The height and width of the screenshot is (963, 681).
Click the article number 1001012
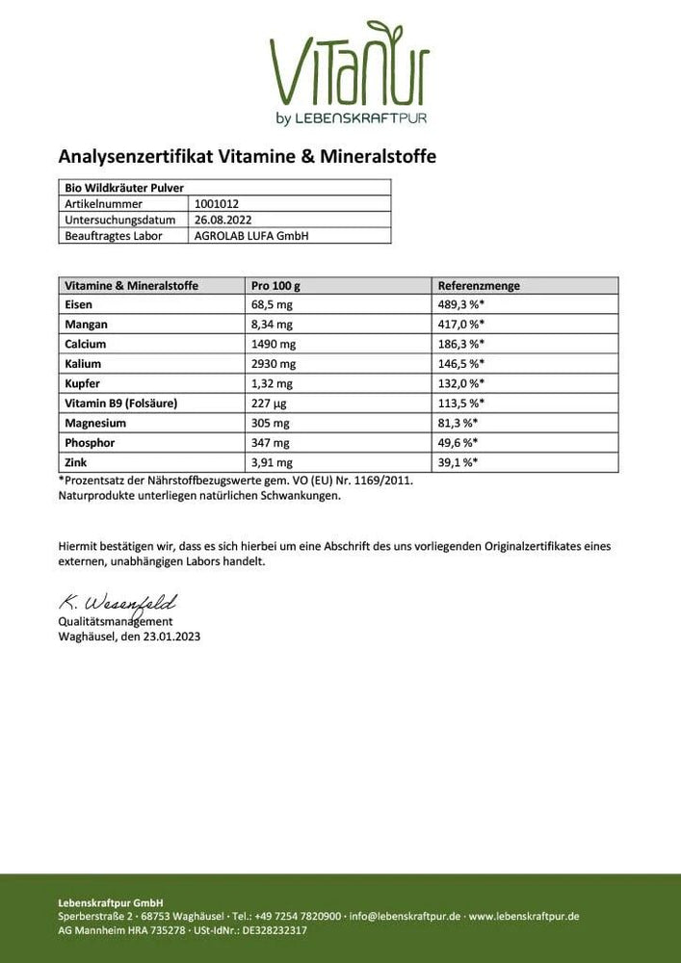pos(217,204)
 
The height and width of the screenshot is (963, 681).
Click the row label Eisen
pos(78,304)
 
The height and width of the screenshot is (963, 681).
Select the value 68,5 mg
pos(272,304)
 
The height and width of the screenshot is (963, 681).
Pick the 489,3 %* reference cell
pos(460,304)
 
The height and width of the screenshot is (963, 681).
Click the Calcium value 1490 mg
pos(272,344)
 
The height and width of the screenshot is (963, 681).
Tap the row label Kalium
pos(82,364)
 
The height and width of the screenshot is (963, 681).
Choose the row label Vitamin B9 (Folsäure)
pos(121,403)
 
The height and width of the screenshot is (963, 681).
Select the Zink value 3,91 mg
pos(272,462)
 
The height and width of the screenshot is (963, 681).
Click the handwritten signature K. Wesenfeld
pos(118,605)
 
